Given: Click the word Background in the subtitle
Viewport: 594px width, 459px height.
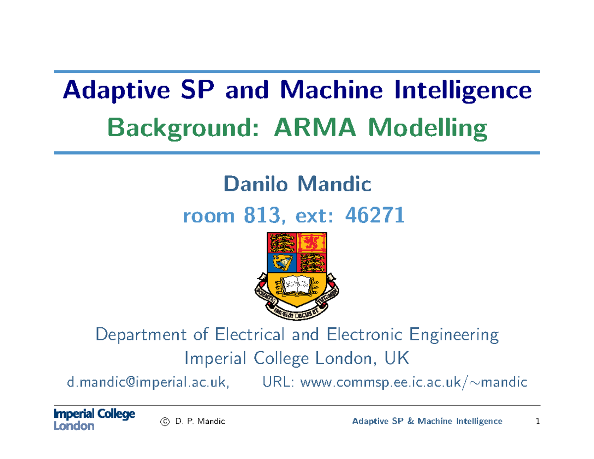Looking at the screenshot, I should click(x=182, y=130).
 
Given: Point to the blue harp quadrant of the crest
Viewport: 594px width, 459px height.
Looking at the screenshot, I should click(x=282, y=262).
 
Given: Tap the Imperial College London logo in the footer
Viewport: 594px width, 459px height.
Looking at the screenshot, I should click(x=94, y=420).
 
